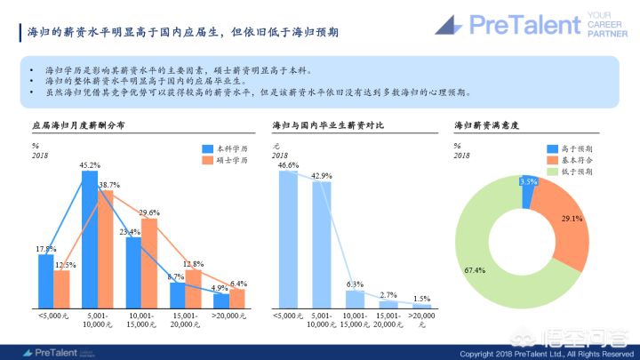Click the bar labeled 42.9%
coord(321,244)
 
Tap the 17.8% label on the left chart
coord(45,248)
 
